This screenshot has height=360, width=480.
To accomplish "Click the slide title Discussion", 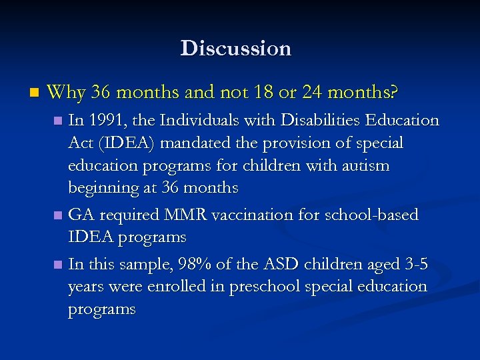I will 235,49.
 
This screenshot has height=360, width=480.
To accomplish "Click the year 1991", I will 107,121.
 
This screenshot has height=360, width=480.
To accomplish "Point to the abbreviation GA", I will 81,215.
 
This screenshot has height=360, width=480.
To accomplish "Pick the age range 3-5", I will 414,265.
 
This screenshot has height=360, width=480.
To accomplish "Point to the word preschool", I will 259,287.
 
